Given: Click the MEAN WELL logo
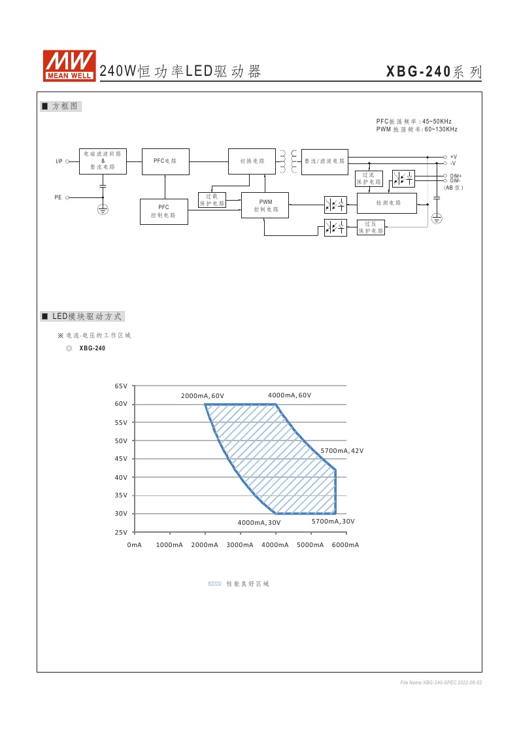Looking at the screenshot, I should click(69, 65).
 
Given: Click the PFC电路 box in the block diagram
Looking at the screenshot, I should click(166, 161).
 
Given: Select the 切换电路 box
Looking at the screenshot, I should click(252, 161).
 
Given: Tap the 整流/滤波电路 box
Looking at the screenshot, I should click(324, 161).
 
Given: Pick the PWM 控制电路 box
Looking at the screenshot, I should click(265, 206).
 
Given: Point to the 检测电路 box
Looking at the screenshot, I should click(387, 203).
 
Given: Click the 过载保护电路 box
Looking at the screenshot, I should click(212, 200).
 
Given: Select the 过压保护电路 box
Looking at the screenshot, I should click(371, 227).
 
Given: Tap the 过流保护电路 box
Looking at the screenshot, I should click(369, 178).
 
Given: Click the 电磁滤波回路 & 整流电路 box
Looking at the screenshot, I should click(103, 161).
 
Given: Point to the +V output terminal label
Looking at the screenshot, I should click(453, 157).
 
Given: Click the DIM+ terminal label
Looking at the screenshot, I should click(456, 176).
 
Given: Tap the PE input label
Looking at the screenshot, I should click(58, 196).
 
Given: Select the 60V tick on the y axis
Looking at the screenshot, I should click(121, 405).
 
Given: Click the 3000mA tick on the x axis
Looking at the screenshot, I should click(240, 544).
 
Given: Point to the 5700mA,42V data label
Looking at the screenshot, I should click(342, 451).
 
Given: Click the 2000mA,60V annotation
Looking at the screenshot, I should click(203, 396).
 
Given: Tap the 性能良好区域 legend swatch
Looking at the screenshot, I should click(214, 584).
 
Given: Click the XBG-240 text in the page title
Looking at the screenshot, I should click(418, 72).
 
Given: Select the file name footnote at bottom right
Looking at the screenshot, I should click(441, 682).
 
